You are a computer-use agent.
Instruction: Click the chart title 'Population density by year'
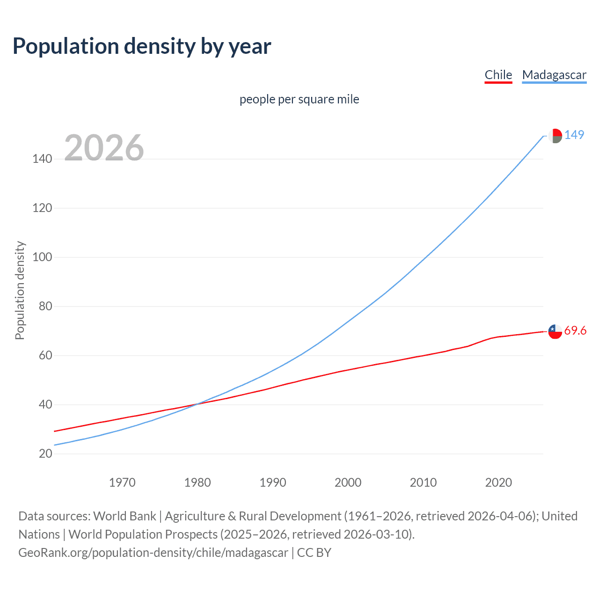[142, 46]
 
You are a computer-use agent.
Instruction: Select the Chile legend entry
[498, 75]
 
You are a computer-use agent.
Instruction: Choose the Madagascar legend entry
[554, 75]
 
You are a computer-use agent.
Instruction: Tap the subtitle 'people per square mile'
[299, 99]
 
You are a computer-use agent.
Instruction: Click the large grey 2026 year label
[104, 148]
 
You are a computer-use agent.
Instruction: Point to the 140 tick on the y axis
[42, 159]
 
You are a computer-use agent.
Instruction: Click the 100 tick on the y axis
[42, 257]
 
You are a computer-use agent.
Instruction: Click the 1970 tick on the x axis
[122, 482]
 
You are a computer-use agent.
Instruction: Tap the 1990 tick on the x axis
[273, 482]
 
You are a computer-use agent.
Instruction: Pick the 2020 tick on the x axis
[498, 482]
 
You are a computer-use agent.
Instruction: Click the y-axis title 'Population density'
[20, 290]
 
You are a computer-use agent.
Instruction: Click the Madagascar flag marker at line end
[555, 136]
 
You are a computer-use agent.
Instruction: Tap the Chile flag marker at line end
[555, 331]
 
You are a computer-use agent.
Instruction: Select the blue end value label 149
[574, 135]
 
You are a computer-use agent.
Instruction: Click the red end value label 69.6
[575, 331]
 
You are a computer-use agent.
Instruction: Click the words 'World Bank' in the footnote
[124, 516]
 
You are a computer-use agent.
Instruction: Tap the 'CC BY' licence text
[314, 553]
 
